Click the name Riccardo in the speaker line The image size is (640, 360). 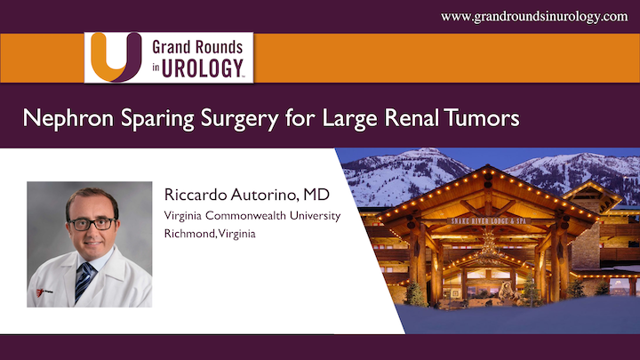[x=190, y=195]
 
